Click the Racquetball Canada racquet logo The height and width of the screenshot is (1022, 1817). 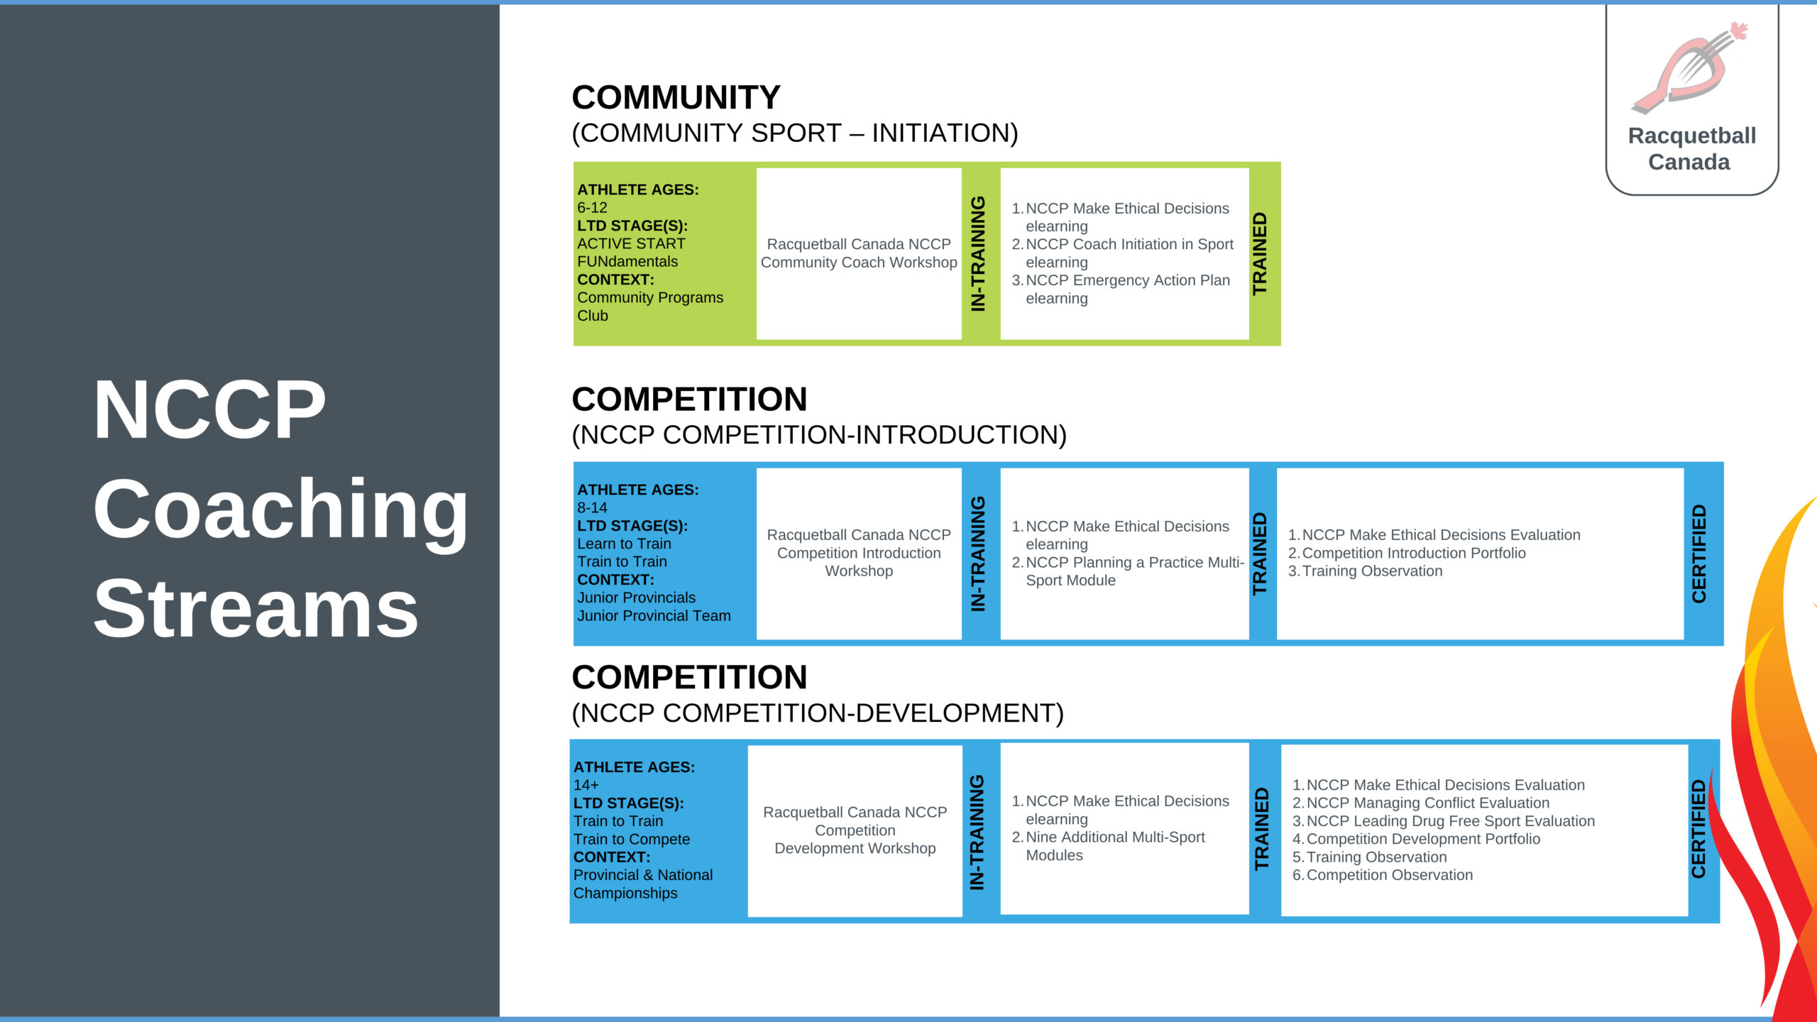point(1690,68)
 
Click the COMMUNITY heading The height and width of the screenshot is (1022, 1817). point(676,97)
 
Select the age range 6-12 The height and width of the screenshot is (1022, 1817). point(592,208)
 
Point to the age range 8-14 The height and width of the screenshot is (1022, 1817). point(592,508)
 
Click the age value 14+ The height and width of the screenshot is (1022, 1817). point(586,786)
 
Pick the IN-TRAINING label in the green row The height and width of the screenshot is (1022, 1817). point(978,253)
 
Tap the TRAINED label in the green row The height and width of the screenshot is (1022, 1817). point(1260,253)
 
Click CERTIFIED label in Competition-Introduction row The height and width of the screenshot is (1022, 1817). point(1699,554)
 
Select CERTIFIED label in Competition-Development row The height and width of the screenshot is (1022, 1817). point(1698,829)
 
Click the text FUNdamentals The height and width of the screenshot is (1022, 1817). point(627,262)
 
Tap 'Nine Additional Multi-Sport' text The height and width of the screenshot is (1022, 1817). point(1115,837)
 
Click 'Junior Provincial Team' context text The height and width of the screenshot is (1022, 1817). point(654,616)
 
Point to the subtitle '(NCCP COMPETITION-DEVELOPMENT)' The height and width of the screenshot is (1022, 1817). point(818,713)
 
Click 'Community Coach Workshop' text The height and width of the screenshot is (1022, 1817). point(859,263)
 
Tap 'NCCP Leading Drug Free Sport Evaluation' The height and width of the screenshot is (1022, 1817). point(1444,821)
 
